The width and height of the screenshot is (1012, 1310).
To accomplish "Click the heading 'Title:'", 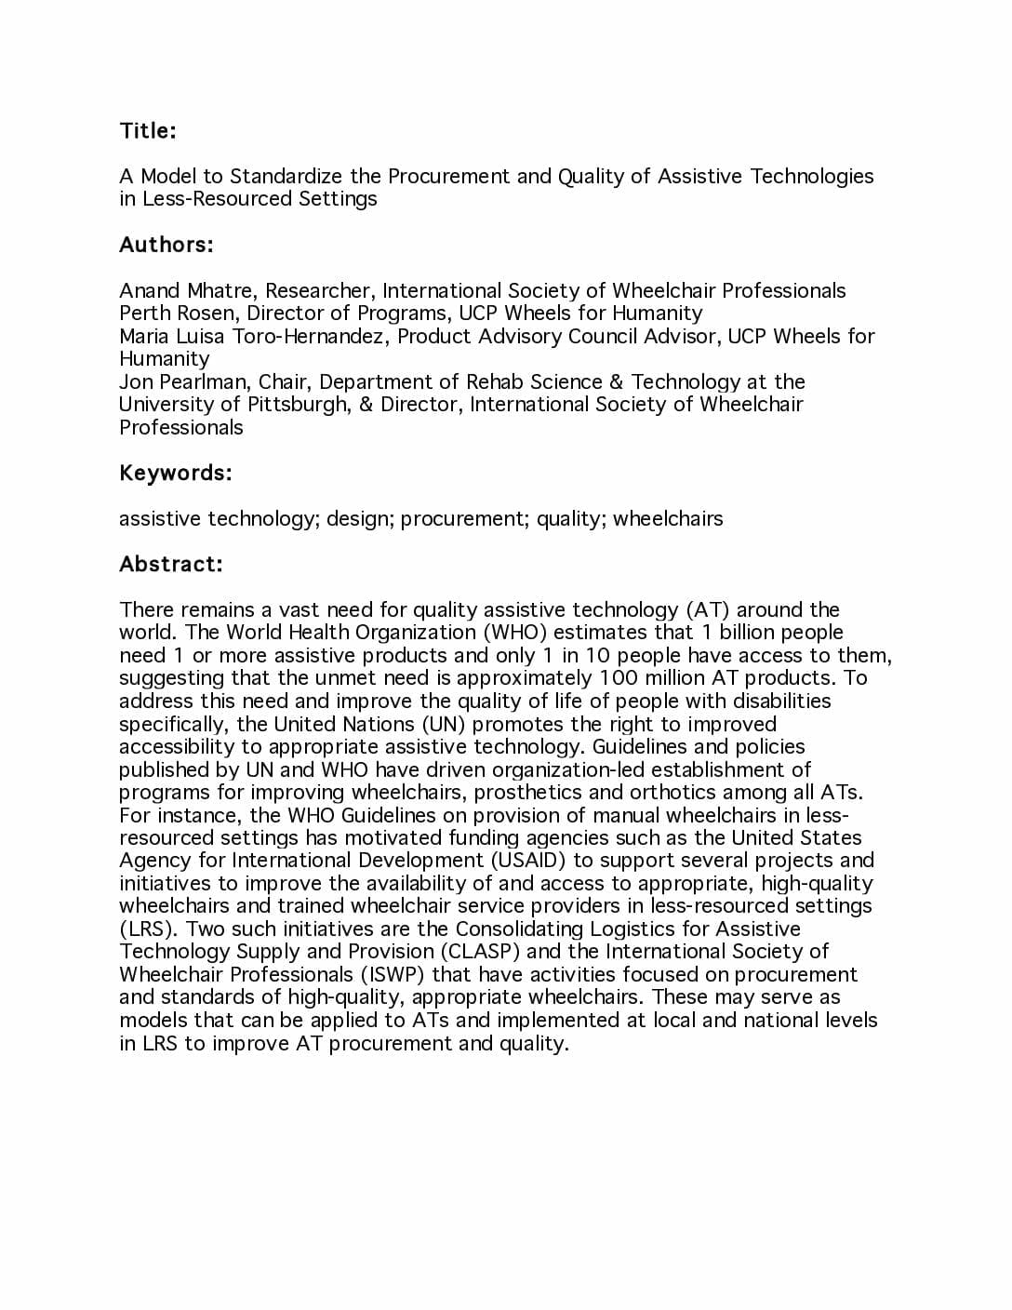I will tap(147, 130).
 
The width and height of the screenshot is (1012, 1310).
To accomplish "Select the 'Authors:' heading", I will tap(166, 245).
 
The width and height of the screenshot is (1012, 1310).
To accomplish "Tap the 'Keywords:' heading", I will tap(175, 473).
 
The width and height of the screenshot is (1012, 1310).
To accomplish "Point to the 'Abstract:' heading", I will tap(170, 564).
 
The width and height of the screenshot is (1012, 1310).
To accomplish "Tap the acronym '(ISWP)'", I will tap(393, 974).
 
